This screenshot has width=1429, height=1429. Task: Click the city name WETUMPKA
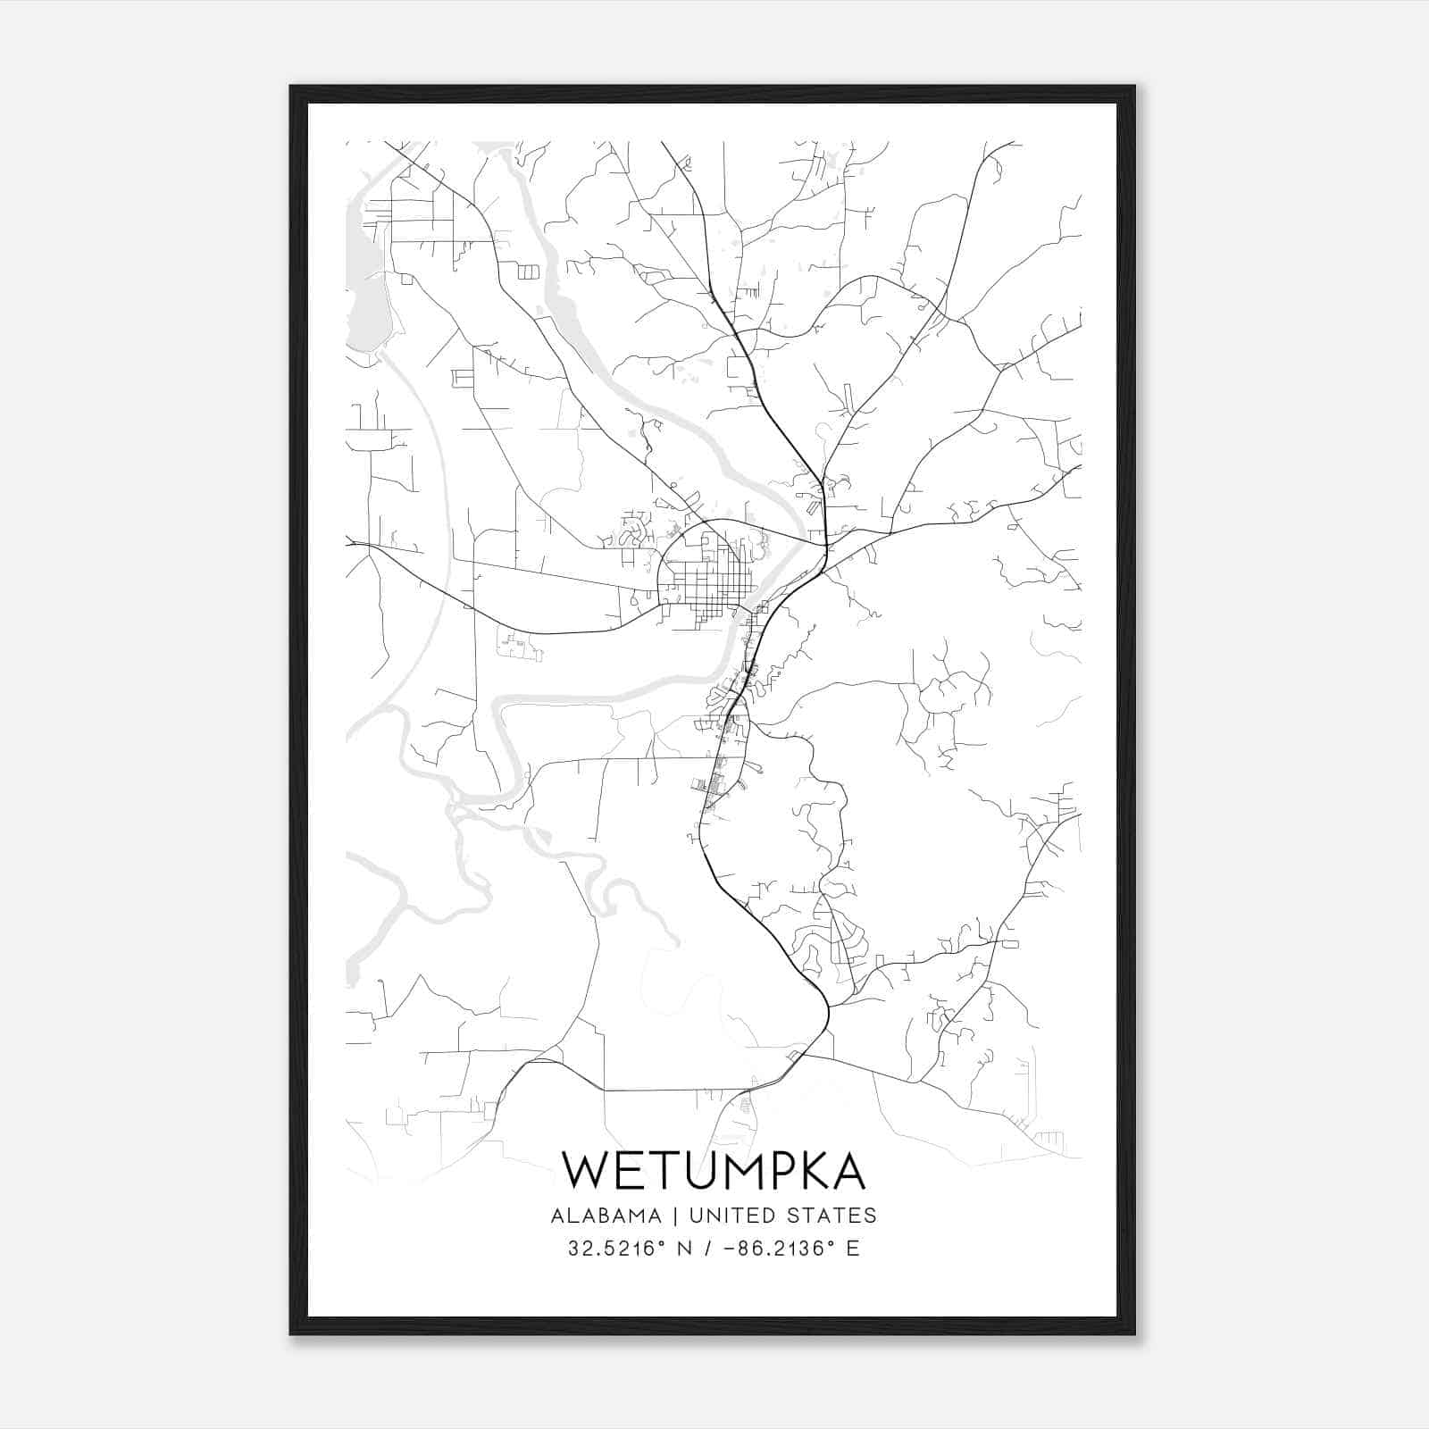pos(714,1170)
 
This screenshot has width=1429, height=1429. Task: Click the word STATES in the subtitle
pos(833,1216)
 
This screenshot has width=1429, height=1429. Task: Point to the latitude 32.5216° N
pos(630,1249)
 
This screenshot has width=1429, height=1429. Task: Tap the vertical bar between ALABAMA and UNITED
pos(676,1216)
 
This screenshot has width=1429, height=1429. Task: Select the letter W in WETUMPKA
pos(584,1170)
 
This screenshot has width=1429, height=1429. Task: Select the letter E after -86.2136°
pos(853,1249)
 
